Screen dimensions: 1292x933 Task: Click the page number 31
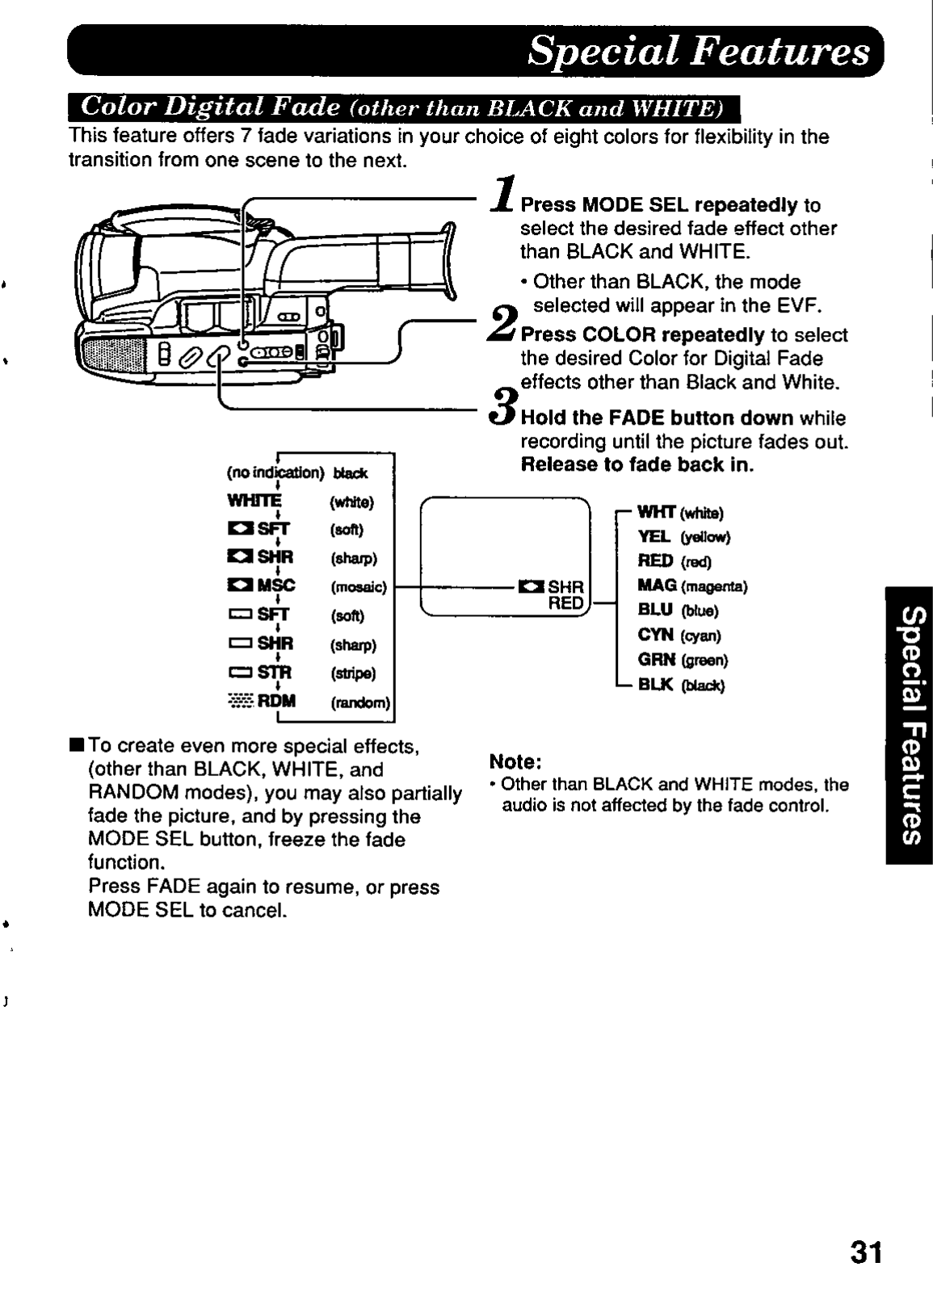coord(866,1253)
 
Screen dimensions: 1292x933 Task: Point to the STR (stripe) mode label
coord(275,673)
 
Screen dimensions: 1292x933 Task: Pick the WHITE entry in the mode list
coord(254,501)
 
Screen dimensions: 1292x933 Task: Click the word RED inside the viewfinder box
coord(565,602)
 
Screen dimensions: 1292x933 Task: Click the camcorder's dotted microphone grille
coord(113,351)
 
